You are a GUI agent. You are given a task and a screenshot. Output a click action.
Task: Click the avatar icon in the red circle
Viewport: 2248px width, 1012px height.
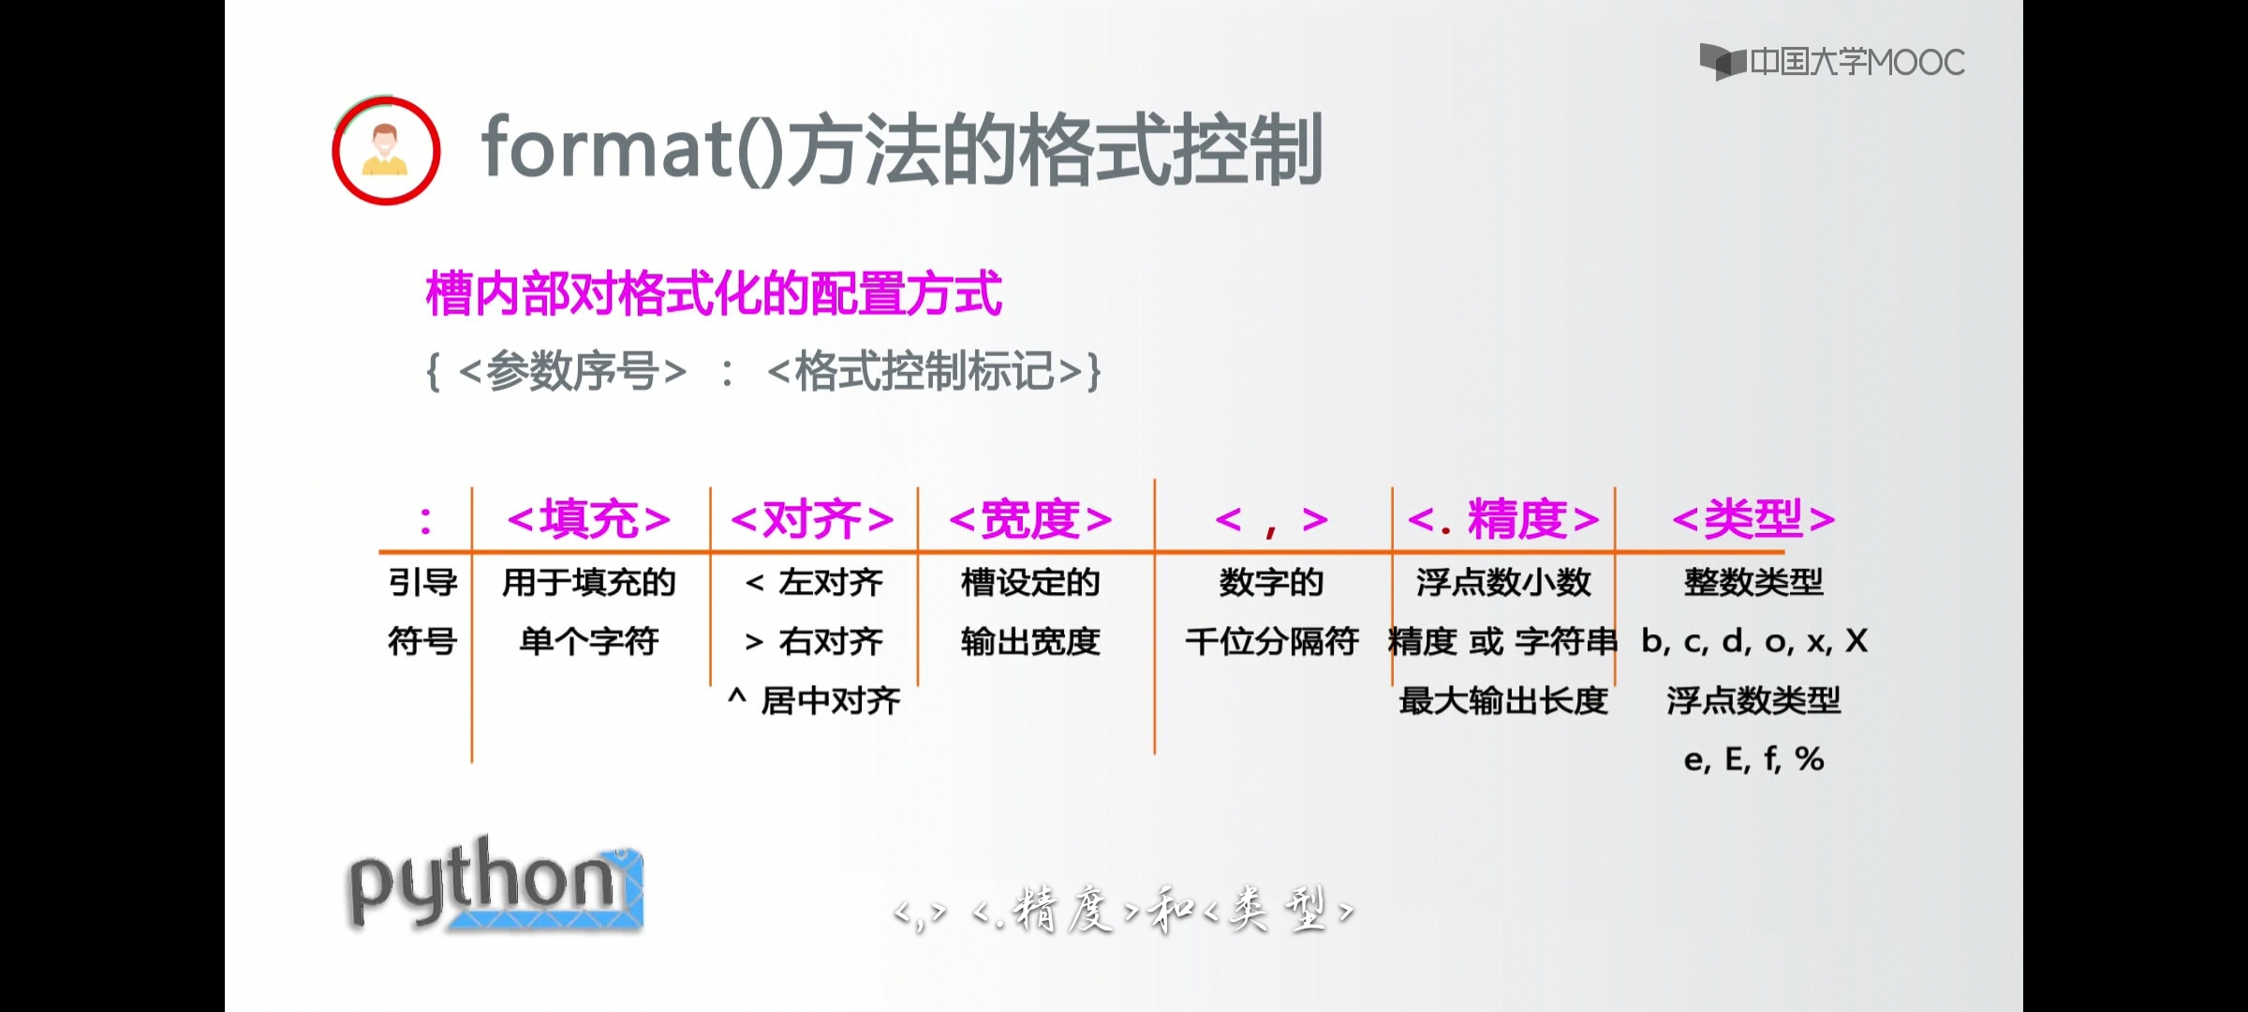386,150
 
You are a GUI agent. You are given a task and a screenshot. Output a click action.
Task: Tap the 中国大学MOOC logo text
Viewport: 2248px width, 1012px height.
1856,62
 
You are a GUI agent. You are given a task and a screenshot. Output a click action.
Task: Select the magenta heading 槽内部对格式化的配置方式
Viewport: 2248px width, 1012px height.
714,293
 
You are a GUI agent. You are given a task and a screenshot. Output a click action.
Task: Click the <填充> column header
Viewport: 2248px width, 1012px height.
588,519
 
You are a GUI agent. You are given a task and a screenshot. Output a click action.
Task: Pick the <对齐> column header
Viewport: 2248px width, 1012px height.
812,519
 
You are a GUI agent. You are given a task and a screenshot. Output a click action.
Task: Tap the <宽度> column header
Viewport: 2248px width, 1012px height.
1030,519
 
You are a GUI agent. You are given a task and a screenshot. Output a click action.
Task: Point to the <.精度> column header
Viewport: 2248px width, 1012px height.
1503,519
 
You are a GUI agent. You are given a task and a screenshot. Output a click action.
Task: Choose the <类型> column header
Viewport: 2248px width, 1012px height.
1753,518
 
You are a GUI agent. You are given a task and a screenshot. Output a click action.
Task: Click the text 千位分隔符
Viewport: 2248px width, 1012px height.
1272,642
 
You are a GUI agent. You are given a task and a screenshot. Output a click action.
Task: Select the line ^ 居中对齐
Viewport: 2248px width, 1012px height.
814,700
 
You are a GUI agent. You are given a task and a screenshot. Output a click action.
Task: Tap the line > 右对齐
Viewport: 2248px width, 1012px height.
814,642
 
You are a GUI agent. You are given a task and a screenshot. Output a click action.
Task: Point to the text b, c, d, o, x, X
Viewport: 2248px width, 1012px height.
1754,642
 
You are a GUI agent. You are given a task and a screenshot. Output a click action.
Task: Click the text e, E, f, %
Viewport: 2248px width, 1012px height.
1753,759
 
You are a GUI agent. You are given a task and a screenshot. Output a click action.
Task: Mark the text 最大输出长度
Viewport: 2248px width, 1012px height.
1503,700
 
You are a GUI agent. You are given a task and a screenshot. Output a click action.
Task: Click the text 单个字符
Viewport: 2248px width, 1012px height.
589,642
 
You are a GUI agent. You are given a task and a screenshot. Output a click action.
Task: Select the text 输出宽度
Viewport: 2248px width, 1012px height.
1030,642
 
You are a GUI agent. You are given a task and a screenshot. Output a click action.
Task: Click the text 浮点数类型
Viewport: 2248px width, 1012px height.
1753,700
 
